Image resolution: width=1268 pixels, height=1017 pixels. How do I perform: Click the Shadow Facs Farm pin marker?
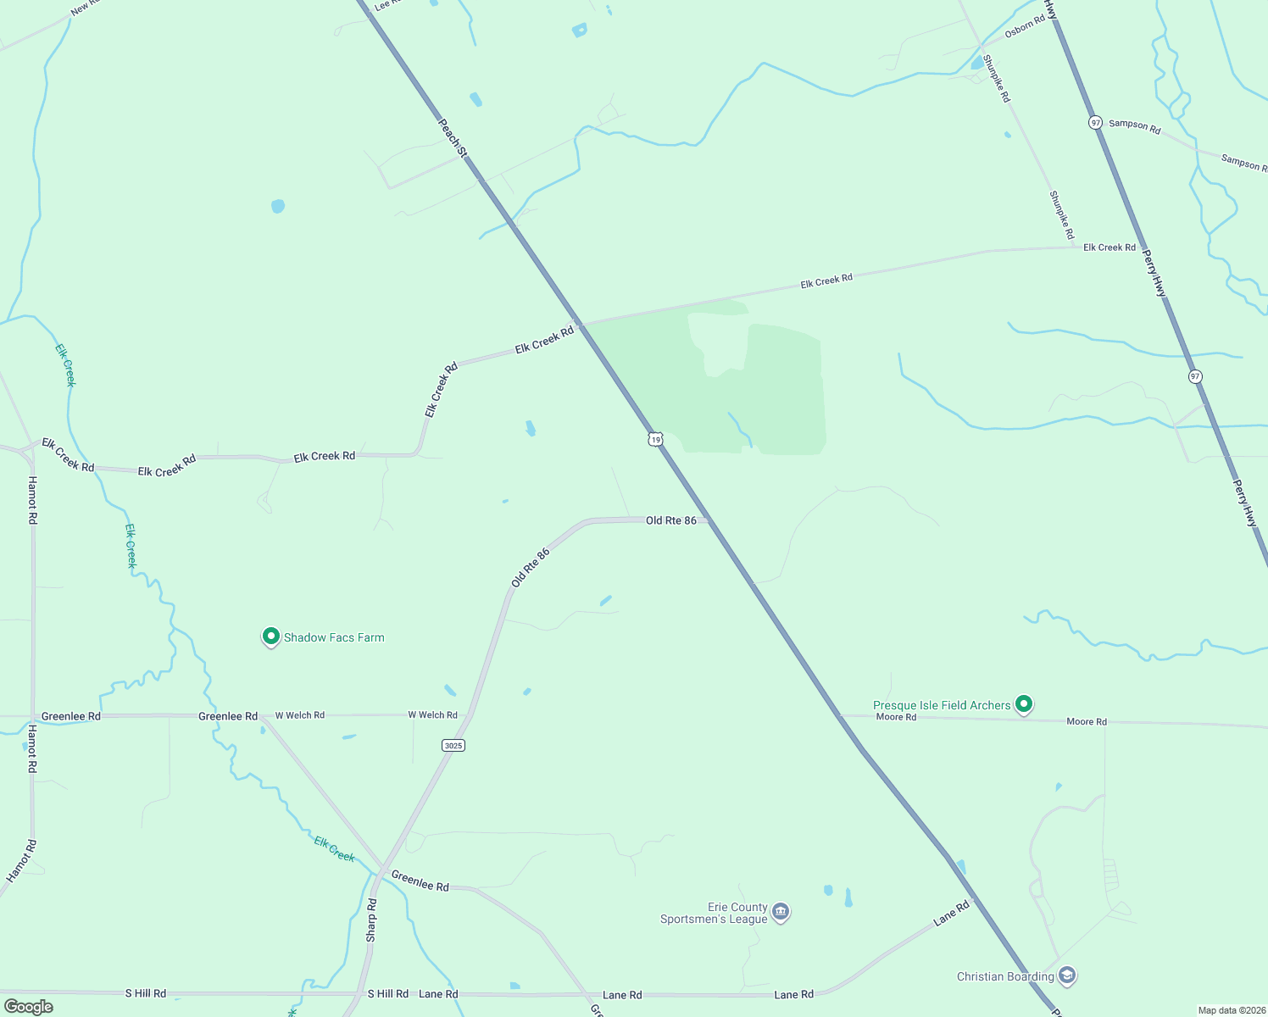point(270,636)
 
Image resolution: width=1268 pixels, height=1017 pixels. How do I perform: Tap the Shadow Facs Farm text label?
point(334,637)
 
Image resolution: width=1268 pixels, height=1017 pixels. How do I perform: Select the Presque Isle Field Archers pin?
point(1024,703)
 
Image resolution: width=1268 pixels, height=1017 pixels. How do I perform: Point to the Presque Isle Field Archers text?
point(942,705)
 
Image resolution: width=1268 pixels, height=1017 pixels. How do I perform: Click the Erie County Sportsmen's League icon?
point(781,912)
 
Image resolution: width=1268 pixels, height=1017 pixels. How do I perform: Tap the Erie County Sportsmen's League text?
point(714,913)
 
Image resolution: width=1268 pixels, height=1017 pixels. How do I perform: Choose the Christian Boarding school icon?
point(1067,975)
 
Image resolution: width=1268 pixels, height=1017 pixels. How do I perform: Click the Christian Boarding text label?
point(1005,976)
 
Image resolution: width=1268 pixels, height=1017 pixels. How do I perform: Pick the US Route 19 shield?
point(654,439)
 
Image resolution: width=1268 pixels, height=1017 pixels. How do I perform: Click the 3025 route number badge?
point(453,745)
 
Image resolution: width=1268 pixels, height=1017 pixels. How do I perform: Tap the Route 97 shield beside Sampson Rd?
point(1096,123)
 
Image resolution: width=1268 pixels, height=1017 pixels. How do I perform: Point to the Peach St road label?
point(452,137)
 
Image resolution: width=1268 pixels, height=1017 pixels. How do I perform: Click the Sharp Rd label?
point(371,920)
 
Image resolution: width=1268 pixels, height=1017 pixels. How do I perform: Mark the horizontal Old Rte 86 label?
point(671,520)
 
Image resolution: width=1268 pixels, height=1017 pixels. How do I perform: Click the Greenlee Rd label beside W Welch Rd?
point(228,716)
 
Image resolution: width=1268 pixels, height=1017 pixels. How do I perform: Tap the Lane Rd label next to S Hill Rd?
point(438,994)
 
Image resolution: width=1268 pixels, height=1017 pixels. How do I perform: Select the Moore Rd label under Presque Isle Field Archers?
point(896,717)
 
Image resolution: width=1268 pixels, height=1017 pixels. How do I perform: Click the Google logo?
point(29,1007)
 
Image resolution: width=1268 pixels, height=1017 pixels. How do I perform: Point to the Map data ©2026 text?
point(1232,1010)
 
